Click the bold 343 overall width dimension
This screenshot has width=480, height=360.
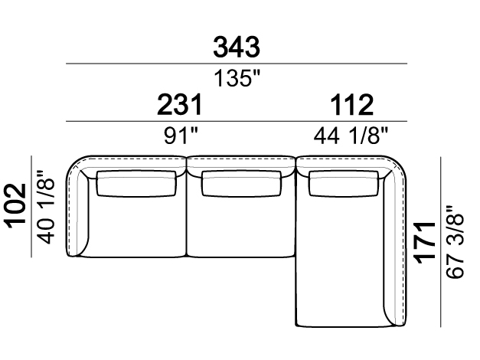[x=237, y=47]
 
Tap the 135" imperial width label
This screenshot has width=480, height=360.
[x=237, y=78]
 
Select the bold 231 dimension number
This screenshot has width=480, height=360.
[x=180, y=105]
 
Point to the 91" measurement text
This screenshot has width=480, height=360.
[x=181, y=136]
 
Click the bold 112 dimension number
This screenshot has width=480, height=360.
[x=351, y=105]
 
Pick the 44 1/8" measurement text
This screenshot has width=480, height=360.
[x=351, y=136]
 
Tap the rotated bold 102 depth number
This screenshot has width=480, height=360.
[x=15, y=205]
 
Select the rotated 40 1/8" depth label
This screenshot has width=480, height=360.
[x=46, y=207]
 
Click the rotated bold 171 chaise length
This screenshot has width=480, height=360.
[x=424, y=243]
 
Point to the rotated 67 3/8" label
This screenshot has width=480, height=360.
[x=455, y=242]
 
